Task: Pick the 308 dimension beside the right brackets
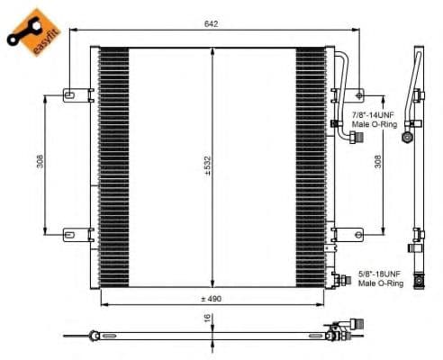(378, 161)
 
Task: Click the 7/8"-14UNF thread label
(374, 114)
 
